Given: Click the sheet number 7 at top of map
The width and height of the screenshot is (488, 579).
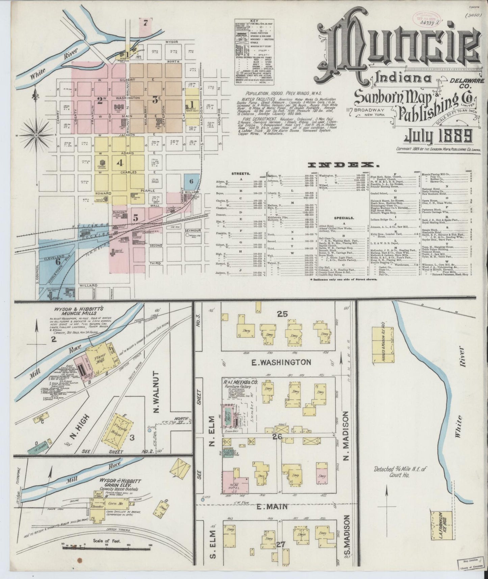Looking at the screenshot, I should tap(146, 23).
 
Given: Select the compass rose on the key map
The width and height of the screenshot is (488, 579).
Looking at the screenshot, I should tap(36, 136).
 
